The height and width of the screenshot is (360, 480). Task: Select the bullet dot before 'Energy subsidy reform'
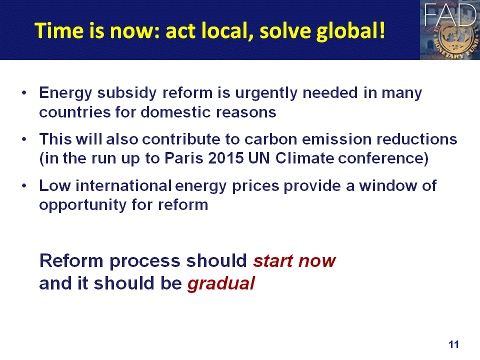(24, 92)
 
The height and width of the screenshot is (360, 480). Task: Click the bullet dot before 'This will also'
(24, 139)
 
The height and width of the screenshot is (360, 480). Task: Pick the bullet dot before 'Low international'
(24, 186)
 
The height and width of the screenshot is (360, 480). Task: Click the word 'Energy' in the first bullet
(65, 93)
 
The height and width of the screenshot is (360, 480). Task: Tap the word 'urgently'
(266, 93)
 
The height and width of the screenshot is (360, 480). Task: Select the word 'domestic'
(175, 112)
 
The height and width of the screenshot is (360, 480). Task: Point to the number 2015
(226, 158)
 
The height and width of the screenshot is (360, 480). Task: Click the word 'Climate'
(305, 158)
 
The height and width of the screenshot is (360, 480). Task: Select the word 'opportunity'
(82, 205)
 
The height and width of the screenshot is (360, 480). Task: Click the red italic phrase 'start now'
(294, 261)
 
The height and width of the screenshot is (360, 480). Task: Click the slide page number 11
(453, 344)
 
